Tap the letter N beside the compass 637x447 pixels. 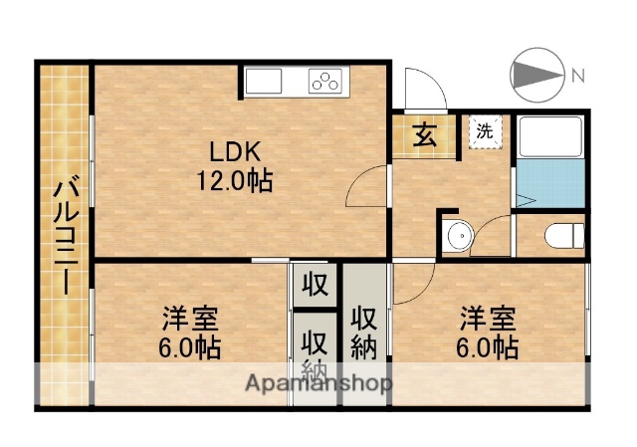click(x=576, y=74)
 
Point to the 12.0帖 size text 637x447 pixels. click(x=234, y=181)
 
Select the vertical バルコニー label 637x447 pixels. click(x=65, y=235)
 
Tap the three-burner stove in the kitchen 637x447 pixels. click(x=325, y=82)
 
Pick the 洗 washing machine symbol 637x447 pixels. click(x=485, y=130)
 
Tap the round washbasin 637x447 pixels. click(x=459, y=236)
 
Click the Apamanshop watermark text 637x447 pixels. click(x=318, y=383)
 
